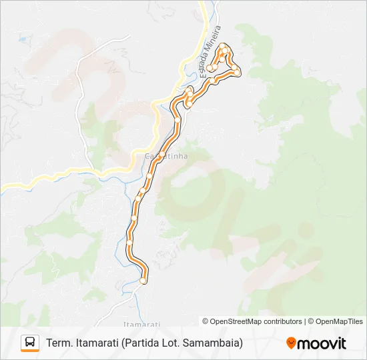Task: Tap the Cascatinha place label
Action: click(x=166, y=156)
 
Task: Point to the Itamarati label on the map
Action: click(x=141, y=323)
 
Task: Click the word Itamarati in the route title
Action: click(x=97, y=343)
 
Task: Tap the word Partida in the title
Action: click(x=141, y=343)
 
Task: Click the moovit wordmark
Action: click(x=322, y=343)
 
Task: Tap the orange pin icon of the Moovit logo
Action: click(x=291, y=343)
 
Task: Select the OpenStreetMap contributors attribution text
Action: click(x=252, y=321)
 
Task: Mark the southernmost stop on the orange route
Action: click(x=143, y=281)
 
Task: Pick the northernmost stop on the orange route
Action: click(x=226, y=50)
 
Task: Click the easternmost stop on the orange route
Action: click(x=237, y=72)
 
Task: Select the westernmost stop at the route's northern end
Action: click(x=210, y=68)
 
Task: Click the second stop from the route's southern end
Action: click(x=130, y=243)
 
